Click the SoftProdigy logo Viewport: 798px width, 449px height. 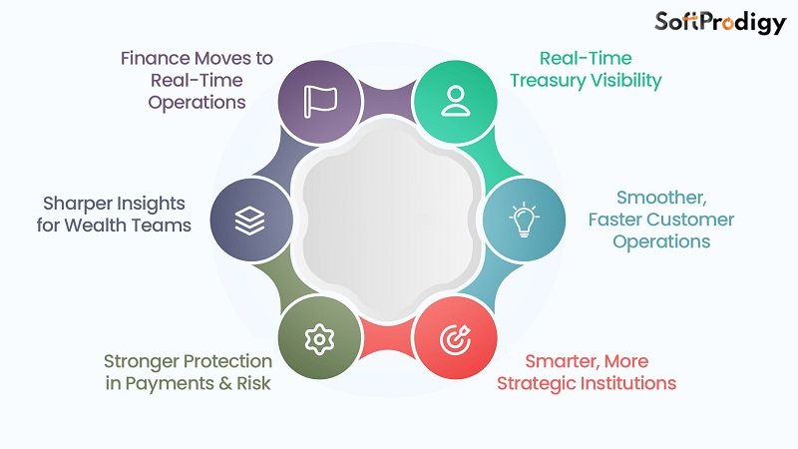click(x=719, y=23)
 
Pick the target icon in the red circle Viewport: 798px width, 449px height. click(x=454, y=340)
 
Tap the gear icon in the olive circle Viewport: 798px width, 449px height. click(x=317, y=340)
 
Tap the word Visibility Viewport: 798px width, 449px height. click(x=625, y=81)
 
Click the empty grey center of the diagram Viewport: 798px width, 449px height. click(x=386, y=221)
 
